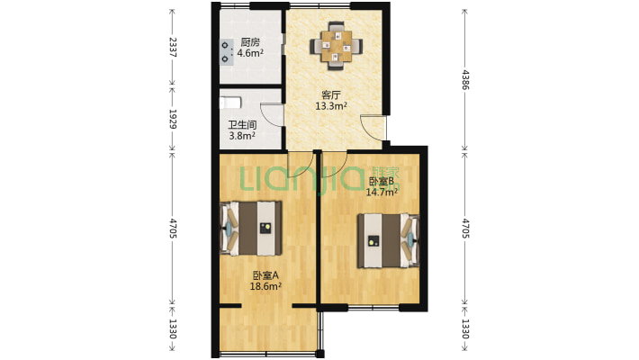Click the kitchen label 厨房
(x=250, y=42)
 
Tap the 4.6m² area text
(x=250, y=53)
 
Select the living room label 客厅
(x=331, y=95)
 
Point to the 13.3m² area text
(x=331, y=106)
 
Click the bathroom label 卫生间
(x=242, y=125)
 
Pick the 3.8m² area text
(x=242, y=136)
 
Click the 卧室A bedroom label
(x=265, y=275)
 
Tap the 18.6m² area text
(x=265, y=286)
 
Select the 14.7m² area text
(x=382, y=192)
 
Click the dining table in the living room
(x=337, y=47)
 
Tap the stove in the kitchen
(x=225, y=52)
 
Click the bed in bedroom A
(x=250, y=229)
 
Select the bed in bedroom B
(x=389, y=240)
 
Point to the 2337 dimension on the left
(x=173, y=47)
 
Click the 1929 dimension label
(x=173, y=119)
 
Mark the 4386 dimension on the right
(x=465, y=80)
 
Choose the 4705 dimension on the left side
(x=173, y=229)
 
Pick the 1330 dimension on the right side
(x=465, y=328)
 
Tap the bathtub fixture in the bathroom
(x=230, y=103)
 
